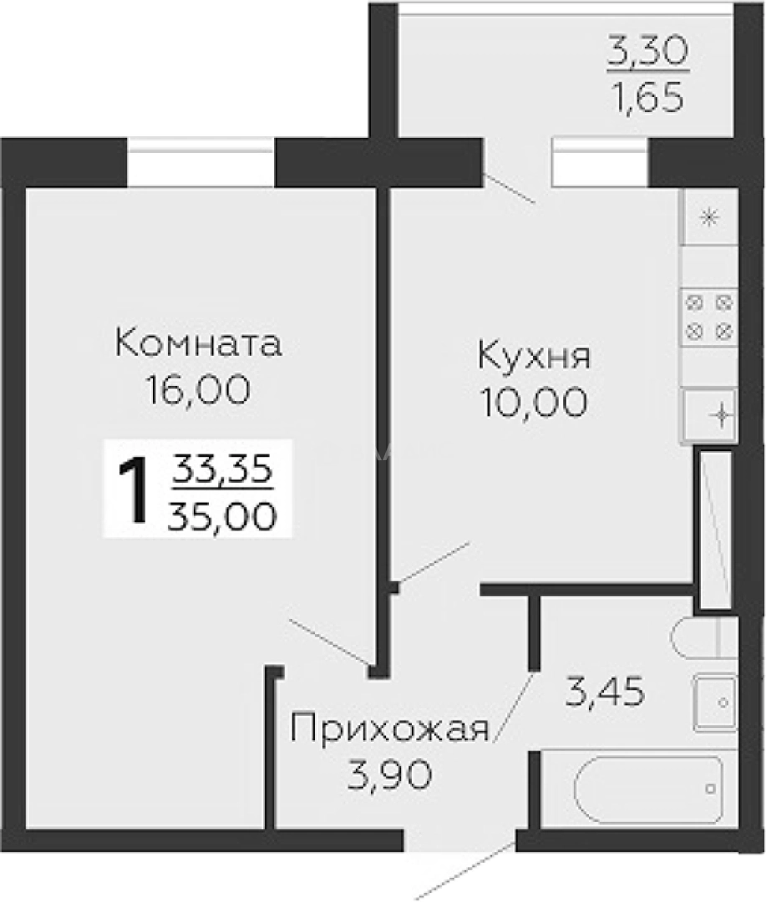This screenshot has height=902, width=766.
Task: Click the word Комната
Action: point(199,343)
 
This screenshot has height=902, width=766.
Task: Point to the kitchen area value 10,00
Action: point(535,402)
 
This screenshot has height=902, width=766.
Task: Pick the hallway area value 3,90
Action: point(389,775)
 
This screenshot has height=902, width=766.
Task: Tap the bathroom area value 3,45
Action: point(604,692)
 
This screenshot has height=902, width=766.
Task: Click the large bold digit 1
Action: point(134,489)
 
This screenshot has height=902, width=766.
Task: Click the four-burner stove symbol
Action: point(709,317)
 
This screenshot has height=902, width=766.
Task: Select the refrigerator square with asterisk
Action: point(709,218)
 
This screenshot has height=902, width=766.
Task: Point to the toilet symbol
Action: point(704,637)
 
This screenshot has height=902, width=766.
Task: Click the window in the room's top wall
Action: point(200,162)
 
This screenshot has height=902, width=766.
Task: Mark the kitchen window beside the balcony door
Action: point(600,162)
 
